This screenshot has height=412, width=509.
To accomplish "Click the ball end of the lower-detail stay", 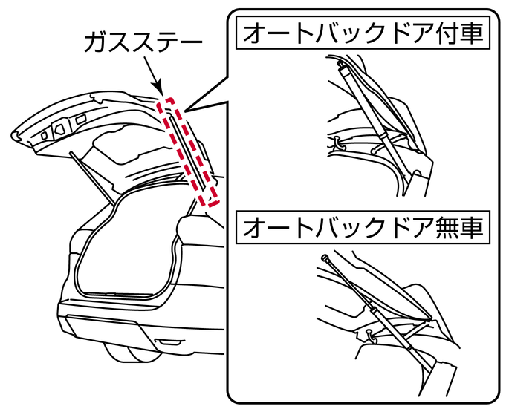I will point(326,258).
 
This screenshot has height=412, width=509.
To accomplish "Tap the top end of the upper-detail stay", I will point(343,68).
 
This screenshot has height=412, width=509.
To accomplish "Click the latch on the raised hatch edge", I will point(45,135).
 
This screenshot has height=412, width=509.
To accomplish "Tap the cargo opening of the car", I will point(126,245).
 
